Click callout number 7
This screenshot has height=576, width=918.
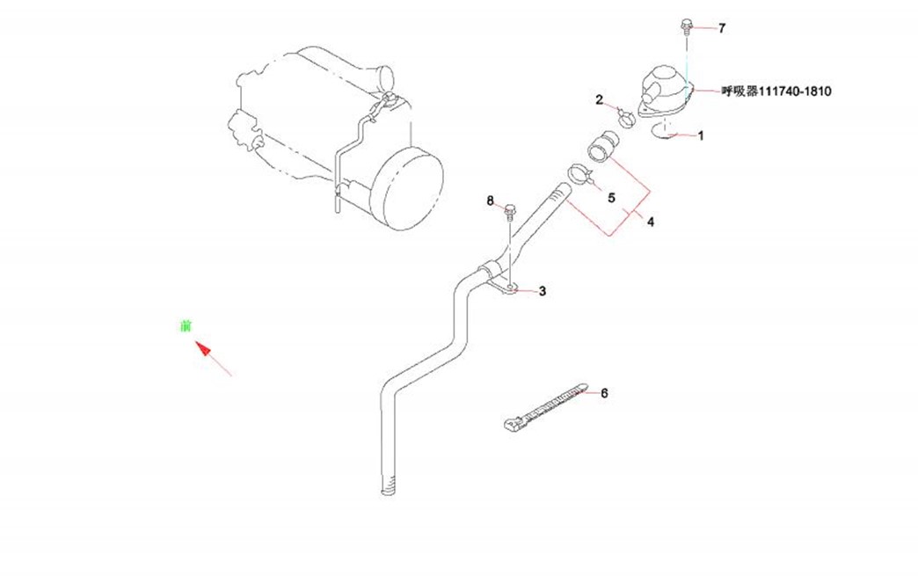click(x=722, y=29)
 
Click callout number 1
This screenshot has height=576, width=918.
click(x=701, y=136)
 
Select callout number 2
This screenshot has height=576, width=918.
click(x=600, y=100)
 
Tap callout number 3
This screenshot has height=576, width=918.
click(x=543, y=291)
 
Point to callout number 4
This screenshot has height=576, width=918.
click(x=650, y=222)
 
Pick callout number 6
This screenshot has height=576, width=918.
click(x=604, y=394)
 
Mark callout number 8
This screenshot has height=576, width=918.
click(x=492, y=201)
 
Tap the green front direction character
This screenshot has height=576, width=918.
click(x=185, y=326)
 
